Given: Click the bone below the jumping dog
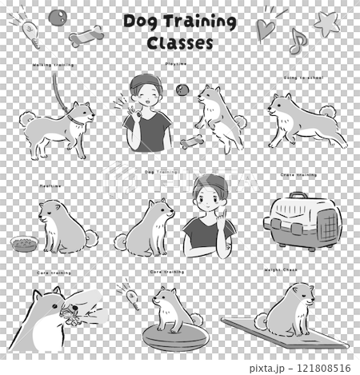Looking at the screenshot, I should (x=190, y=144).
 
